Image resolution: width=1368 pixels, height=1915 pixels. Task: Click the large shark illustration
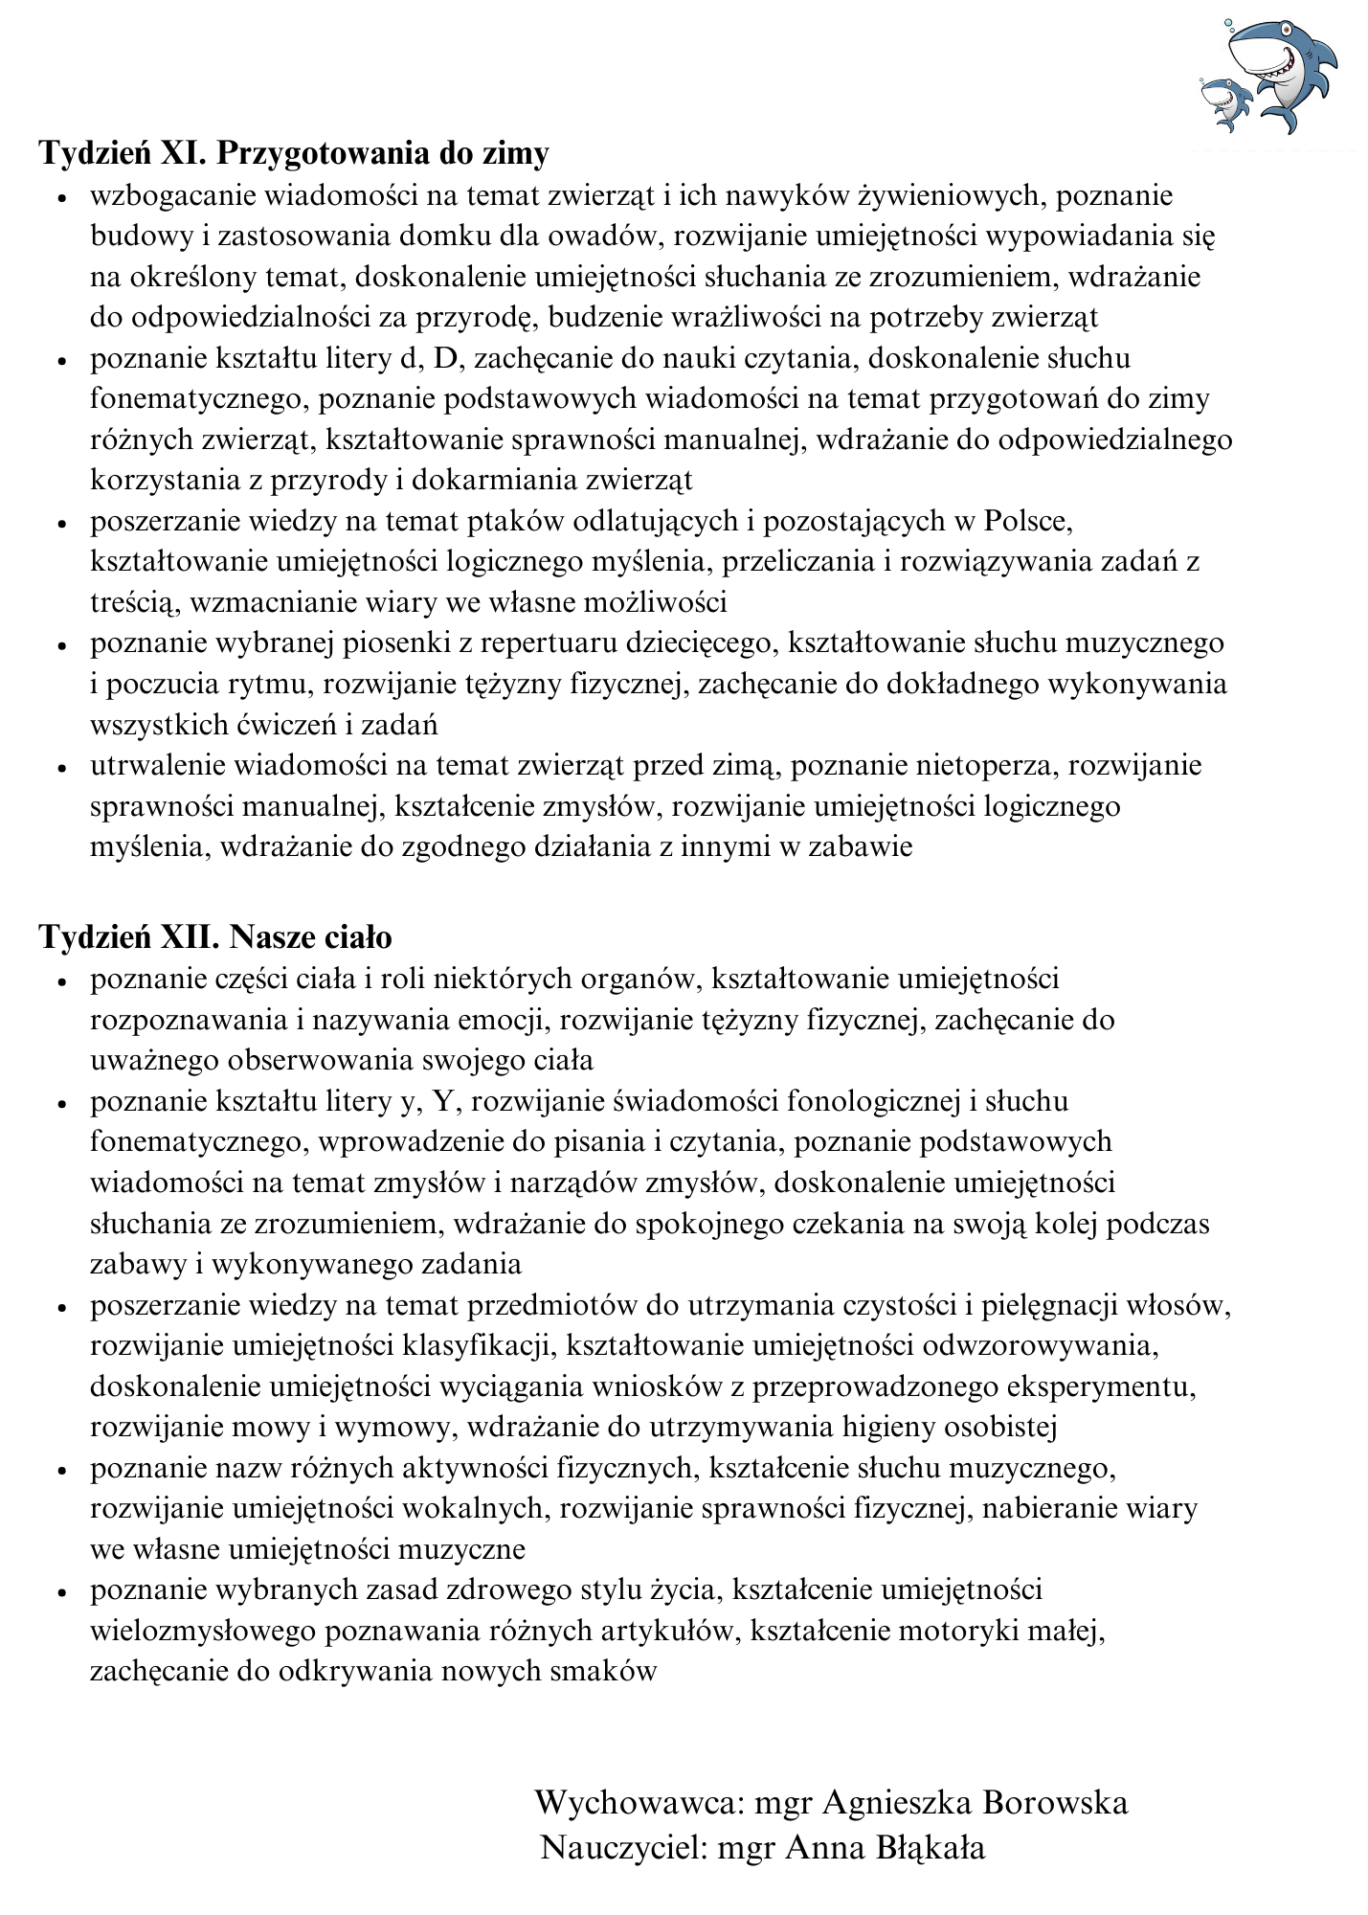1283,72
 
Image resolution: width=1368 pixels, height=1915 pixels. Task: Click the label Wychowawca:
639,1804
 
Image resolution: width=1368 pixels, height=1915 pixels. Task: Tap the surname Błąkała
931,1848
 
